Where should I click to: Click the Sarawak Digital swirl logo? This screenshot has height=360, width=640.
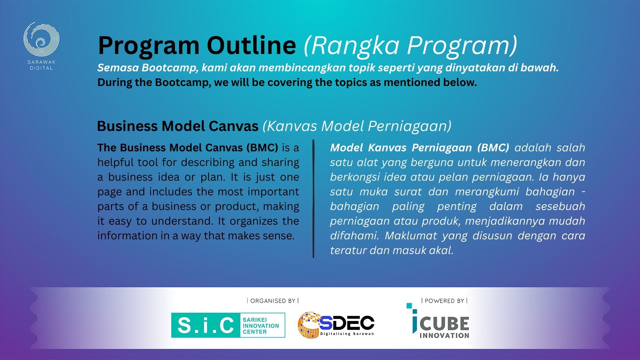tap(41, 39)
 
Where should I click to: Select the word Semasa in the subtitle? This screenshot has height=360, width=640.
tap(118, 68)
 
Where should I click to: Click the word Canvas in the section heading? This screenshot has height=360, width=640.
tap(233, 126)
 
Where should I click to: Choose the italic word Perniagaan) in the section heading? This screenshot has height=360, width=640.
tap(410, 126)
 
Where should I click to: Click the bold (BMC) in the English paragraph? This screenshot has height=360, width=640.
tap(262, 148)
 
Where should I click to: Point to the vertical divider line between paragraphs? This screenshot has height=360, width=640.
tap(313, 199)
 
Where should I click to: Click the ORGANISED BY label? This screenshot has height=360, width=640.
tap(273, 301)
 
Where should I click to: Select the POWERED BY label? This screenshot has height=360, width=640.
tap(444, 301)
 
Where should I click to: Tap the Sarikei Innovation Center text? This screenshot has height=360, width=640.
tap(261, 326)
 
